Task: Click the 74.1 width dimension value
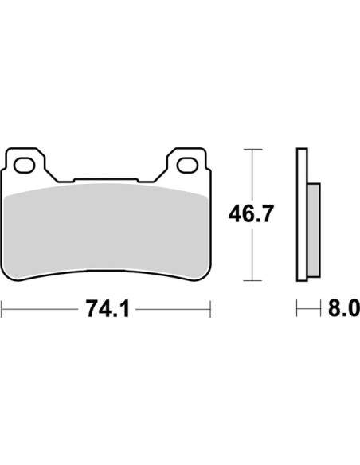pos(108,309)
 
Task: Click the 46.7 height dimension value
pos(250,213)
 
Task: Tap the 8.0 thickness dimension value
pos(344,309)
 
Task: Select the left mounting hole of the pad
pos(25,166)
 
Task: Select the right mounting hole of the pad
pos(187,166)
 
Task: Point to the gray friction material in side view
pos(314,230)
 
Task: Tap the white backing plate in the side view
pos(302,214)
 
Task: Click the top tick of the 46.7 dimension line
pos(252,149)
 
